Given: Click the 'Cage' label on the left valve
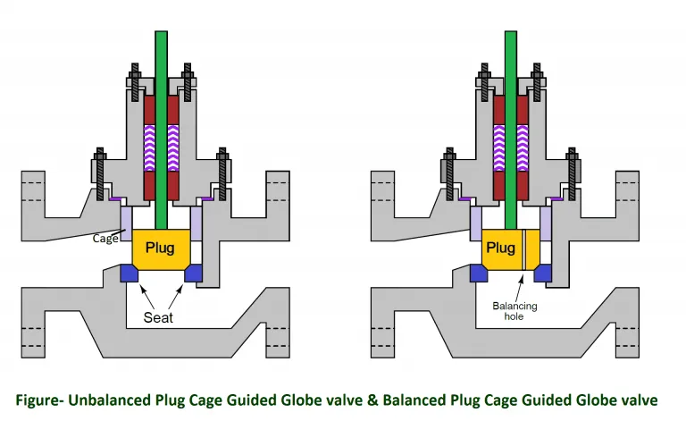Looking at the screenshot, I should tap(105, 239).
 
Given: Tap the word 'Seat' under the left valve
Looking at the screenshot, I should tap(161, 317).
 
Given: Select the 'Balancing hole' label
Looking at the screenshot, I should tap(516, 311).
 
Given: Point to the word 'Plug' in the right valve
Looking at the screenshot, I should tap(501, 248).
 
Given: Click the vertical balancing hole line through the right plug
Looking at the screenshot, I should tap(525, 250).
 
